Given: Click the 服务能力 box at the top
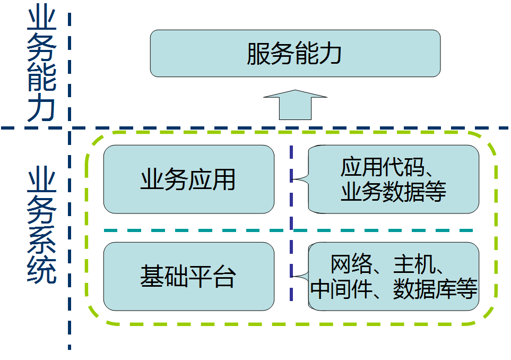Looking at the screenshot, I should (x=295, y=53).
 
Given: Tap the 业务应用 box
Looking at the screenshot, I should (x=188, y=179).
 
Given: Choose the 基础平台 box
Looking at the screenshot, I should (x=188, y=277).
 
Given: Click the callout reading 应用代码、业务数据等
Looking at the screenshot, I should (x=393, y=179).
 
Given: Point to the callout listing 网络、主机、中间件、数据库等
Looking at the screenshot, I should (x=393, y=277).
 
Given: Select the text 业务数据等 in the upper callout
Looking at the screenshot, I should (x=393, y=192).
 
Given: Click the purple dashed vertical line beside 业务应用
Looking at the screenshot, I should (x=291, y=181).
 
